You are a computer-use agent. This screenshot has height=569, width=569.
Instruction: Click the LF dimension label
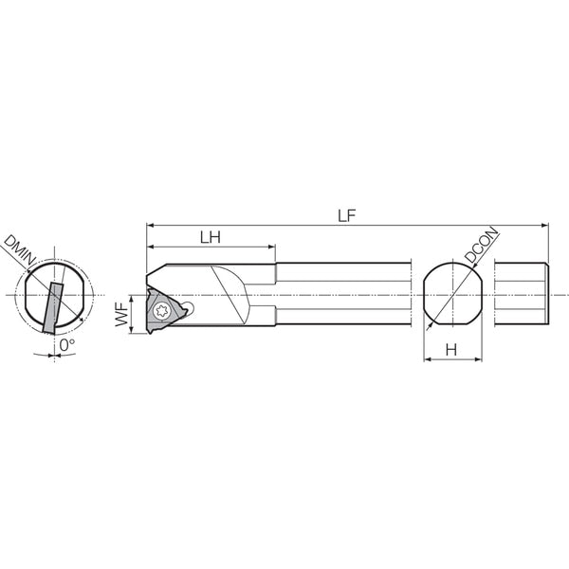(x=347, y=215)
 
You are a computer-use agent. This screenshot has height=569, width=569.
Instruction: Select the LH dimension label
(x=211, y=237)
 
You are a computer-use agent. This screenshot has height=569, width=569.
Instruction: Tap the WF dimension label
(x=122, y=315)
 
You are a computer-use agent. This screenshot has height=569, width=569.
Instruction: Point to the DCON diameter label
(x=482, y=245)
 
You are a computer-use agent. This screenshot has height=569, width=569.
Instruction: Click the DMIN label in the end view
(x=20, y=250)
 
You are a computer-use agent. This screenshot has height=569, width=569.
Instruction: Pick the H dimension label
(x=451, y=350)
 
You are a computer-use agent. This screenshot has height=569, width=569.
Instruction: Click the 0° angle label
(x=66, y=345)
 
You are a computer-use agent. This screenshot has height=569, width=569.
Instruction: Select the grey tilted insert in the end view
(x=52, y=307)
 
